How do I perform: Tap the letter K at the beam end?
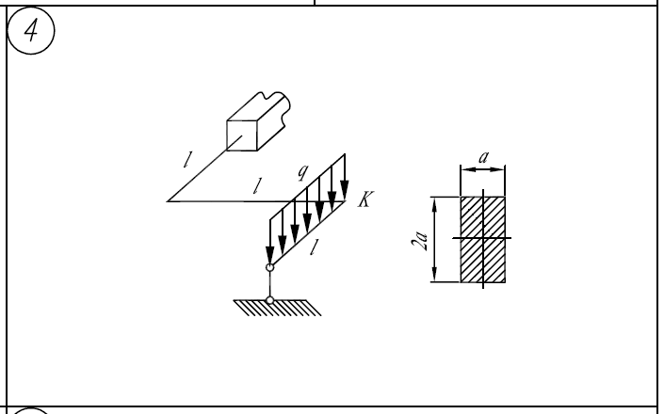(365, 199)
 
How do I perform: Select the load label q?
(302, 172)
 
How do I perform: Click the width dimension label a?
(483, 158)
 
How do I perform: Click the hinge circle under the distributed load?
(269, 267)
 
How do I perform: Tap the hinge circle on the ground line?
(269, 300)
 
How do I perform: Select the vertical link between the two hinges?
(269, 284)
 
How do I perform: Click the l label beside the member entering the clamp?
(187, 159)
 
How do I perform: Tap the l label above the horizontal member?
(256, 186)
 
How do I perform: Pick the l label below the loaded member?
(314, 247)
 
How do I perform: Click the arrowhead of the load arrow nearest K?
(345, 189)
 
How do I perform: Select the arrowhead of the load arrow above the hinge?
(269, 255)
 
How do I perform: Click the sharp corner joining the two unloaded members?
(168, 201)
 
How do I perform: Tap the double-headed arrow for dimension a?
(483, 169)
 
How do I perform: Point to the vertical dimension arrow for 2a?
(434, 239)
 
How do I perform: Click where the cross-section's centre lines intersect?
(483, 238)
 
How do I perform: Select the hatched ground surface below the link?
(277, 308)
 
